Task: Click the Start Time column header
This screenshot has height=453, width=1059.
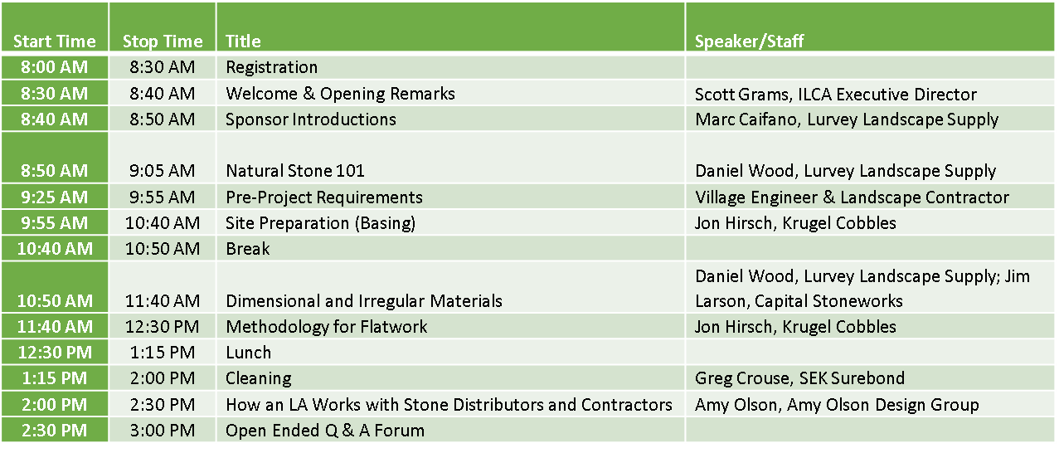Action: (55, 41)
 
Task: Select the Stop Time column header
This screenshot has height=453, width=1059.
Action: (163, 41)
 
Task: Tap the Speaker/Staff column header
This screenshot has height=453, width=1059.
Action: (749, 41)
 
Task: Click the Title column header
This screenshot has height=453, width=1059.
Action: (243, 41)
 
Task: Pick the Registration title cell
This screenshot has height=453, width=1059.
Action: (271, 67)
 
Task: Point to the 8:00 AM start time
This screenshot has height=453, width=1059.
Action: (55, 67)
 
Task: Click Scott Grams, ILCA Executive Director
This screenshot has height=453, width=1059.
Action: (835, 94)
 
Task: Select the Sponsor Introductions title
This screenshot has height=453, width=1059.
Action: (311, 119)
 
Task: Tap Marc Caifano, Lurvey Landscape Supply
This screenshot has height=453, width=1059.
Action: (846, 119)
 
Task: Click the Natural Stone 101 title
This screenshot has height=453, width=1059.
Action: (295, 171)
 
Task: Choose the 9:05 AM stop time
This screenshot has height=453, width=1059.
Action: (163, 171)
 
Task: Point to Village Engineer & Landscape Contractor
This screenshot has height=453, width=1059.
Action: (852, 197)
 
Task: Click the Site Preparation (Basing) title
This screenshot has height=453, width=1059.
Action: (321, 222)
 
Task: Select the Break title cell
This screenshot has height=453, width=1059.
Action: (248, 249)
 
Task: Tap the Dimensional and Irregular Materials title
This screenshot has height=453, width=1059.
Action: (363, 300)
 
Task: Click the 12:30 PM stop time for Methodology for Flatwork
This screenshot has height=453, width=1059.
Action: (163, 327)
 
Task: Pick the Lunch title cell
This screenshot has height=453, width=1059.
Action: (248, 353)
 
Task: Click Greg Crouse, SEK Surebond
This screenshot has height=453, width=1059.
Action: (799, 378)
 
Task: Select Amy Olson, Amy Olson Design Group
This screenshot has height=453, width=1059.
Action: (837, 405)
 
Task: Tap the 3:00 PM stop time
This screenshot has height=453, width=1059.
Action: (163, 431)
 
